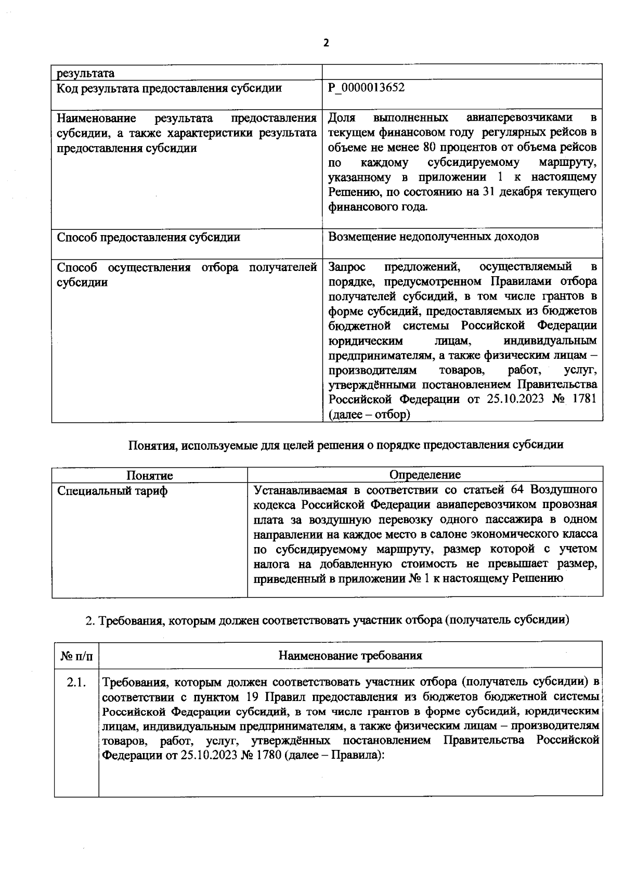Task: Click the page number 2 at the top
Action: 326,44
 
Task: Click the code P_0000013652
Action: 367,87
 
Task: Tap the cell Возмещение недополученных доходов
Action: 433,237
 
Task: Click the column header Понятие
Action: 150,475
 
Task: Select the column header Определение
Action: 425,475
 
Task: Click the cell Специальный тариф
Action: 112,491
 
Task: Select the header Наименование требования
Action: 350,656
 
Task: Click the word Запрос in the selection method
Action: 347,267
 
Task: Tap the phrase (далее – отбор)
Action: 369,414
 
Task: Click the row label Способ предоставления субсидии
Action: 148,238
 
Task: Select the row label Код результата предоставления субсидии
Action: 169,88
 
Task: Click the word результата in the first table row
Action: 85,73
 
